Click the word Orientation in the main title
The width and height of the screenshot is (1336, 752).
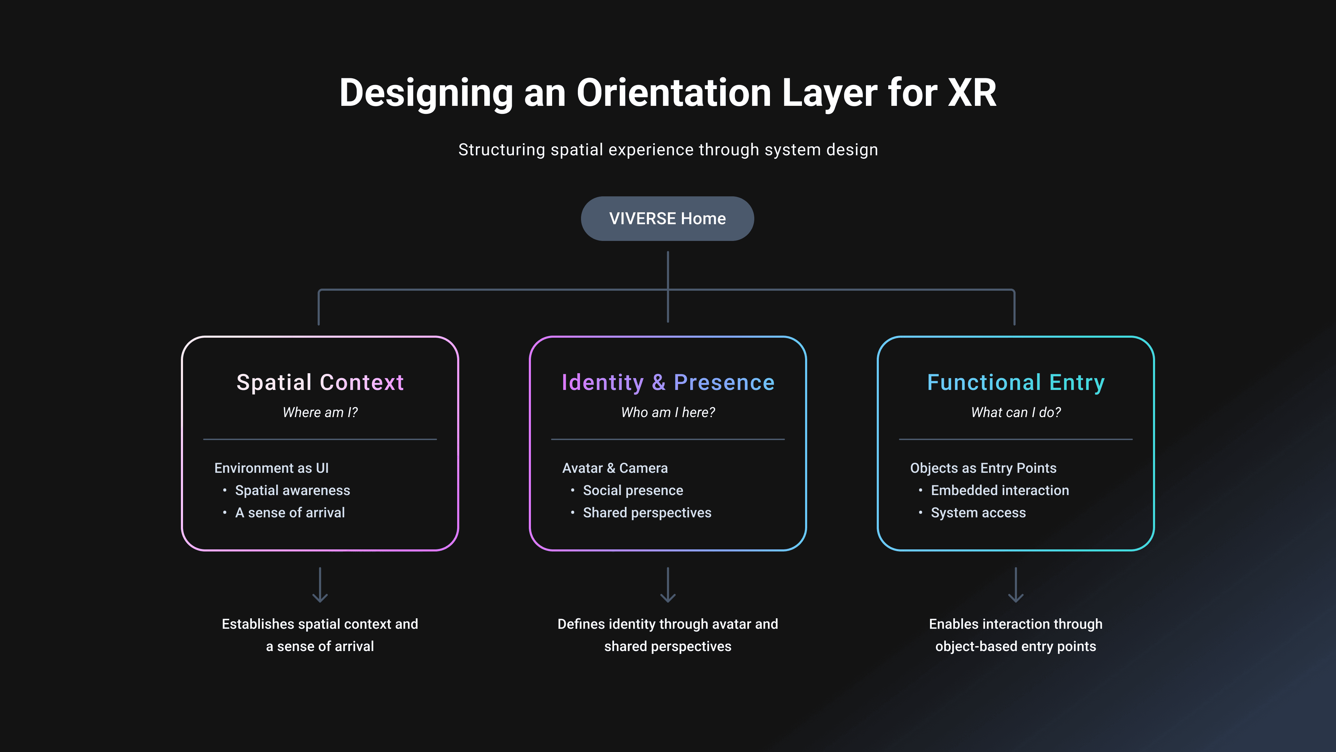tap(674, 93)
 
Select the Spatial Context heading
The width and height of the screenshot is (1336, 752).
tap(320, 383)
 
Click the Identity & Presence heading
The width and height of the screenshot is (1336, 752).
tap(668, 383)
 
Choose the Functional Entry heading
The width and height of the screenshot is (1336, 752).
tap(1016, 383)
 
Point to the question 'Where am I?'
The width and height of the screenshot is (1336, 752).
tap(320, 413)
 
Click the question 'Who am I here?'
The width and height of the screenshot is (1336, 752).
tap(668, 413)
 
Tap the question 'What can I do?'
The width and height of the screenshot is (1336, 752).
tap(1016, 413)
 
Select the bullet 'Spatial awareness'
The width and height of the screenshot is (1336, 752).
tap(293, 491)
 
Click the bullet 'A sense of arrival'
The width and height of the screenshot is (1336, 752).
tap(290, 513)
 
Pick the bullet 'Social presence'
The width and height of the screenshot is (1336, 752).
tap(633, 491)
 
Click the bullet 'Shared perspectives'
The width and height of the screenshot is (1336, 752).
tap(647, 513)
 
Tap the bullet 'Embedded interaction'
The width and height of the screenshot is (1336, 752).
tap(1000, 491)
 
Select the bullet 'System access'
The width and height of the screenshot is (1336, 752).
tap(978, 513)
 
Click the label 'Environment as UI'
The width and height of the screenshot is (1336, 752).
tap(271, 468)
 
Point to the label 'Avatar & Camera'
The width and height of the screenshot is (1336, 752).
tap(615, 468)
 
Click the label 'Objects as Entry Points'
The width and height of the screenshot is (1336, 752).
tap(983, 468)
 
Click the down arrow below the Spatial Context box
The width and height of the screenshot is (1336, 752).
tap(320, 585)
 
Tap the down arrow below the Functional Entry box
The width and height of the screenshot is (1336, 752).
tap(1016, 585)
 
